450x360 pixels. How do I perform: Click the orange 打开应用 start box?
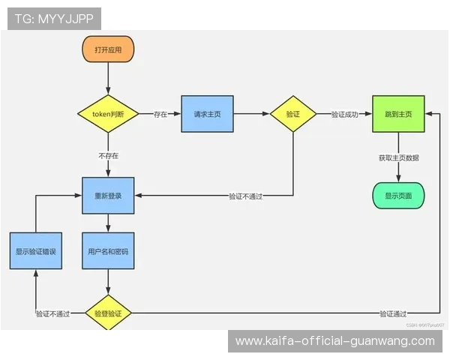(108, 49)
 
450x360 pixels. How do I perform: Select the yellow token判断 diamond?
(108, 114)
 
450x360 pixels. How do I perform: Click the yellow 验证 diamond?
(293, 114)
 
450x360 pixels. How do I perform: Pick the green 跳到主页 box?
(398, 114)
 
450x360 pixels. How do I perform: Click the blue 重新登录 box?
(108, 196)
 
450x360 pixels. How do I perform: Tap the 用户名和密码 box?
(108, 251)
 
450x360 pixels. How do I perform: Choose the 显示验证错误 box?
(36, 251)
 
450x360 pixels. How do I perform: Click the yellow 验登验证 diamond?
(108, 313)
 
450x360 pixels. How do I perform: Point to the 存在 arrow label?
(160, 115)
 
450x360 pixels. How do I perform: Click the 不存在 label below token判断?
(108, 155)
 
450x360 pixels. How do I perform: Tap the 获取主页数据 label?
(398, 157)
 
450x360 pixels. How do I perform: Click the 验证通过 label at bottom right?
(393, 313)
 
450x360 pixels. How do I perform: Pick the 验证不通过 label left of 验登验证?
(52, 313)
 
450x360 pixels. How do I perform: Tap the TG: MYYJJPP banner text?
(54, 19)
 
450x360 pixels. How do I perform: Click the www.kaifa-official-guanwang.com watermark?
(334, 341)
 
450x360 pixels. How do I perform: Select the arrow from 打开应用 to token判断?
(108, 79)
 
